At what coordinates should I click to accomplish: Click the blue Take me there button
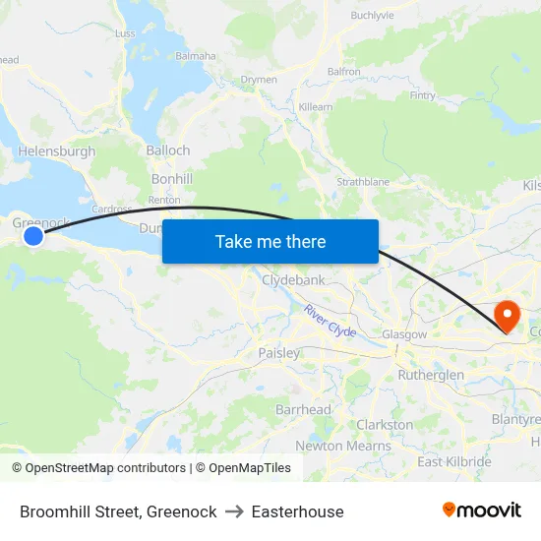coord(270,241)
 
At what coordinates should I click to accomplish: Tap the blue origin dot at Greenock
coord(33,236)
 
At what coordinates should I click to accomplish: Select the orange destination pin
coord(508,317)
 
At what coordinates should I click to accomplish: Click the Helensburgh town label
coord(56,151)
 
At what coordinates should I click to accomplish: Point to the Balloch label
coord(167,150)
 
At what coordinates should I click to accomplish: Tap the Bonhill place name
coord(172,178)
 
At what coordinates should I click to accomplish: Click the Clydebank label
coord(293,280)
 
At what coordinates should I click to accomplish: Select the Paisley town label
coord(278,352)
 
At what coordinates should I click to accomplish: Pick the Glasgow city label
coord(404,334)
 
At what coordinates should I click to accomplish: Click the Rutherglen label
coord(431,375)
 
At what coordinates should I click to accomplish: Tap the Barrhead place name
coord(303,408)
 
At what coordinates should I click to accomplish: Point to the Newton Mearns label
coord(343,446)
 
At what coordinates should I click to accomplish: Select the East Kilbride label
coord(454,461)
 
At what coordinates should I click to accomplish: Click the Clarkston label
coord(384,424)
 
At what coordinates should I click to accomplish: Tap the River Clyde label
coord(330,322)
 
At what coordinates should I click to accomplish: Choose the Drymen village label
coord(259,80)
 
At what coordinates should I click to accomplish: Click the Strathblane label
coord(363,182)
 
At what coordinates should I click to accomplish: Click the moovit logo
coord(481,511)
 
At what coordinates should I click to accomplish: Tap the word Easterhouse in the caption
coord(297,511)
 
